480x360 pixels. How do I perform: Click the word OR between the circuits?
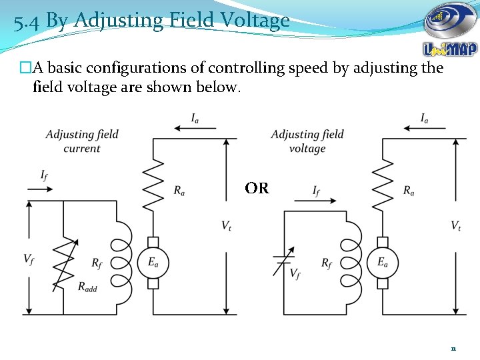257,189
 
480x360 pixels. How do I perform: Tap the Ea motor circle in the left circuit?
153,262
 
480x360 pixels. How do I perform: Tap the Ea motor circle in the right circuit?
383,262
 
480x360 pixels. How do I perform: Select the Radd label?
87,287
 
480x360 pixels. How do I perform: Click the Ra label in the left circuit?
179,191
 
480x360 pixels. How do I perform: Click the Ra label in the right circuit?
409,191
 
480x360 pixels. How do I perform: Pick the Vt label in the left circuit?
227,226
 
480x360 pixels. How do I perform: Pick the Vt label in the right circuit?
456,226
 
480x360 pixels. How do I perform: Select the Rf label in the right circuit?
327,263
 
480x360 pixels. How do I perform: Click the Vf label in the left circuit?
29,259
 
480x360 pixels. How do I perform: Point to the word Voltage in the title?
248,21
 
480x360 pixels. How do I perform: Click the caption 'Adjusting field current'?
82,141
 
